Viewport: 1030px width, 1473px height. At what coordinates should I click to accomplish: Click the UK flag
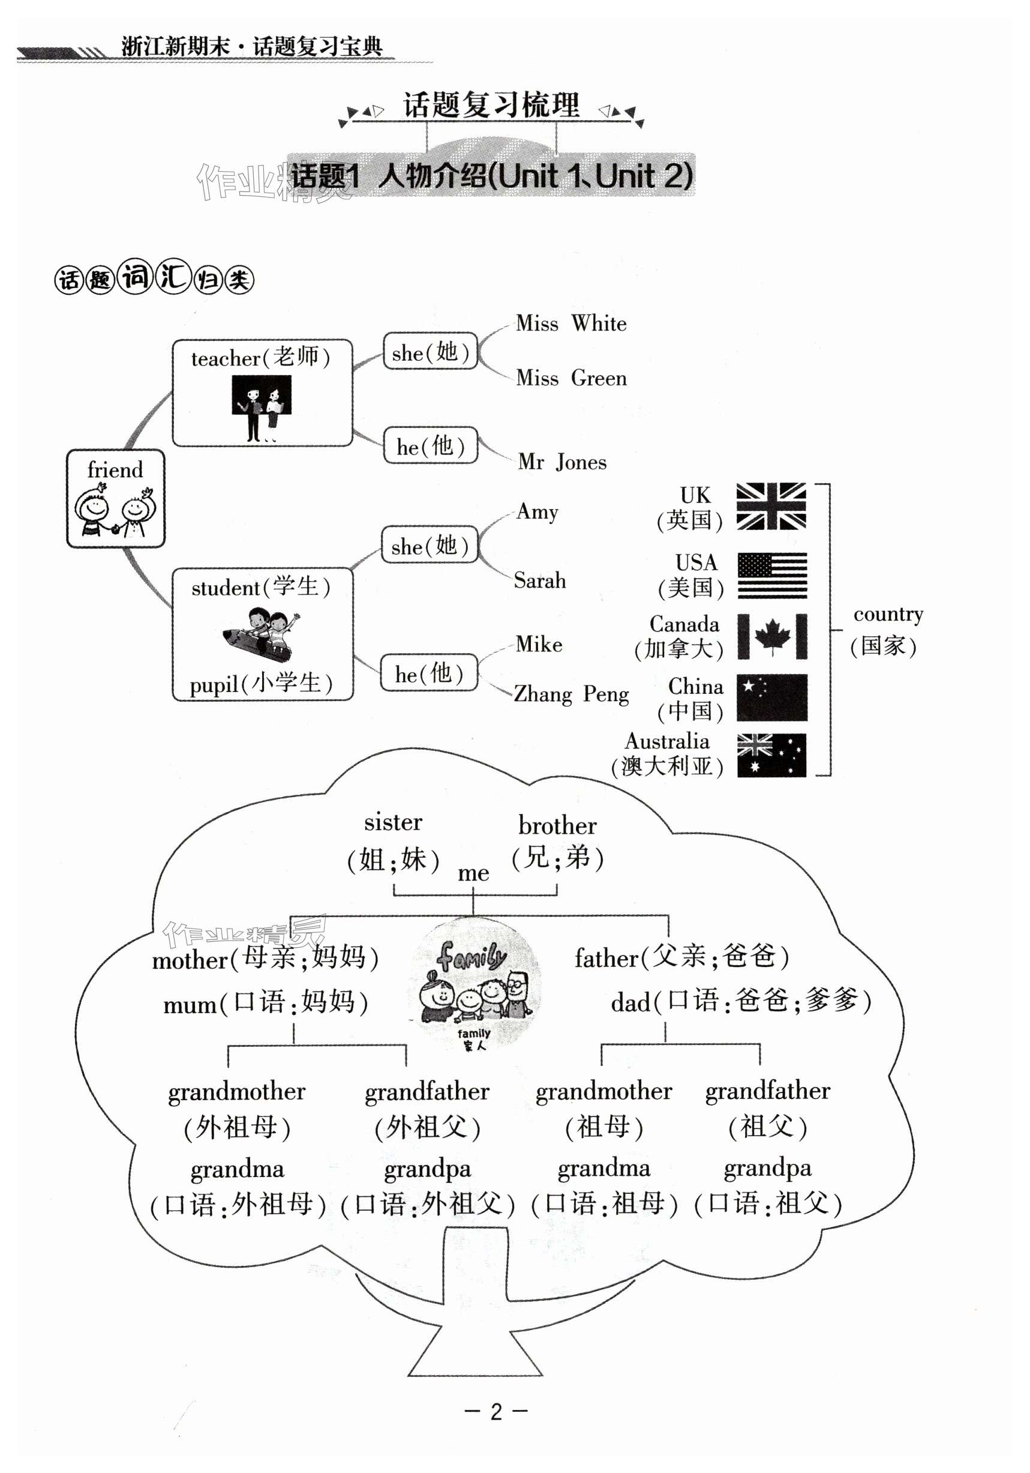771,506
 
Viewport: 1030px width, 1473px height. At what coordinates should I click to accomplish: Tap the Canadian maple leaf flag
771,636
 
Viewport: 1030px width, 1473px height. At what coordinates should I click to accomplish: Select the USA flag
771,575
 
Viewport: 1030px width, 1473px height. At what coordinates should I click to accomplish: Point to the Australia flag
771,755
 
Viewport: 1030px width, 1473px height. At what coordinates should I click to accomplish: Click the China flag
771,697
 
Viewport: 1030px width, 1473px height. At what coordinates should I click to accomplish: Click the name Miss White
571,324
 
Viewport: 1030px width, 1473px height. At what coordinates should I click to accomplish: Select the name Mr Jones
562,462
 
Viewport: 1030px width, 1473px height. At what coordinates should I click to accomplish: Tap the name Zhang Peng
571,694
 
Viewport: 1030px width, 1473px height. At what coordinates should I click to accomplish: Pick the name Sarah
540,580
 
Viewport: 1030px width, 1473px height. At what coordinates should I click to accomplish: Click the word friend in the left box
115,469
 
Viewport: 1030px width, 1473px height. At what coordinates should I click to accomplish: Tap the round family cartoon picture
475,983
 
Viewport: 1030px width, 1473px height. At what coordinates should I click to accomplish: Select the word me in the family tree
473,873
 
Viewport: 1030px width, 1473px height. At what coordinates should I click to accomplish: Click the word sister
393,822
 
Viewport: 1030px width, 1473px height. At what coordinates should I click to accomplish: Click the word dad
630,1002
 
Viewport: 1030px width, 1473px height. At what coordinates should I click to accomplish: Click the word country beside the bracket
888,614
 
